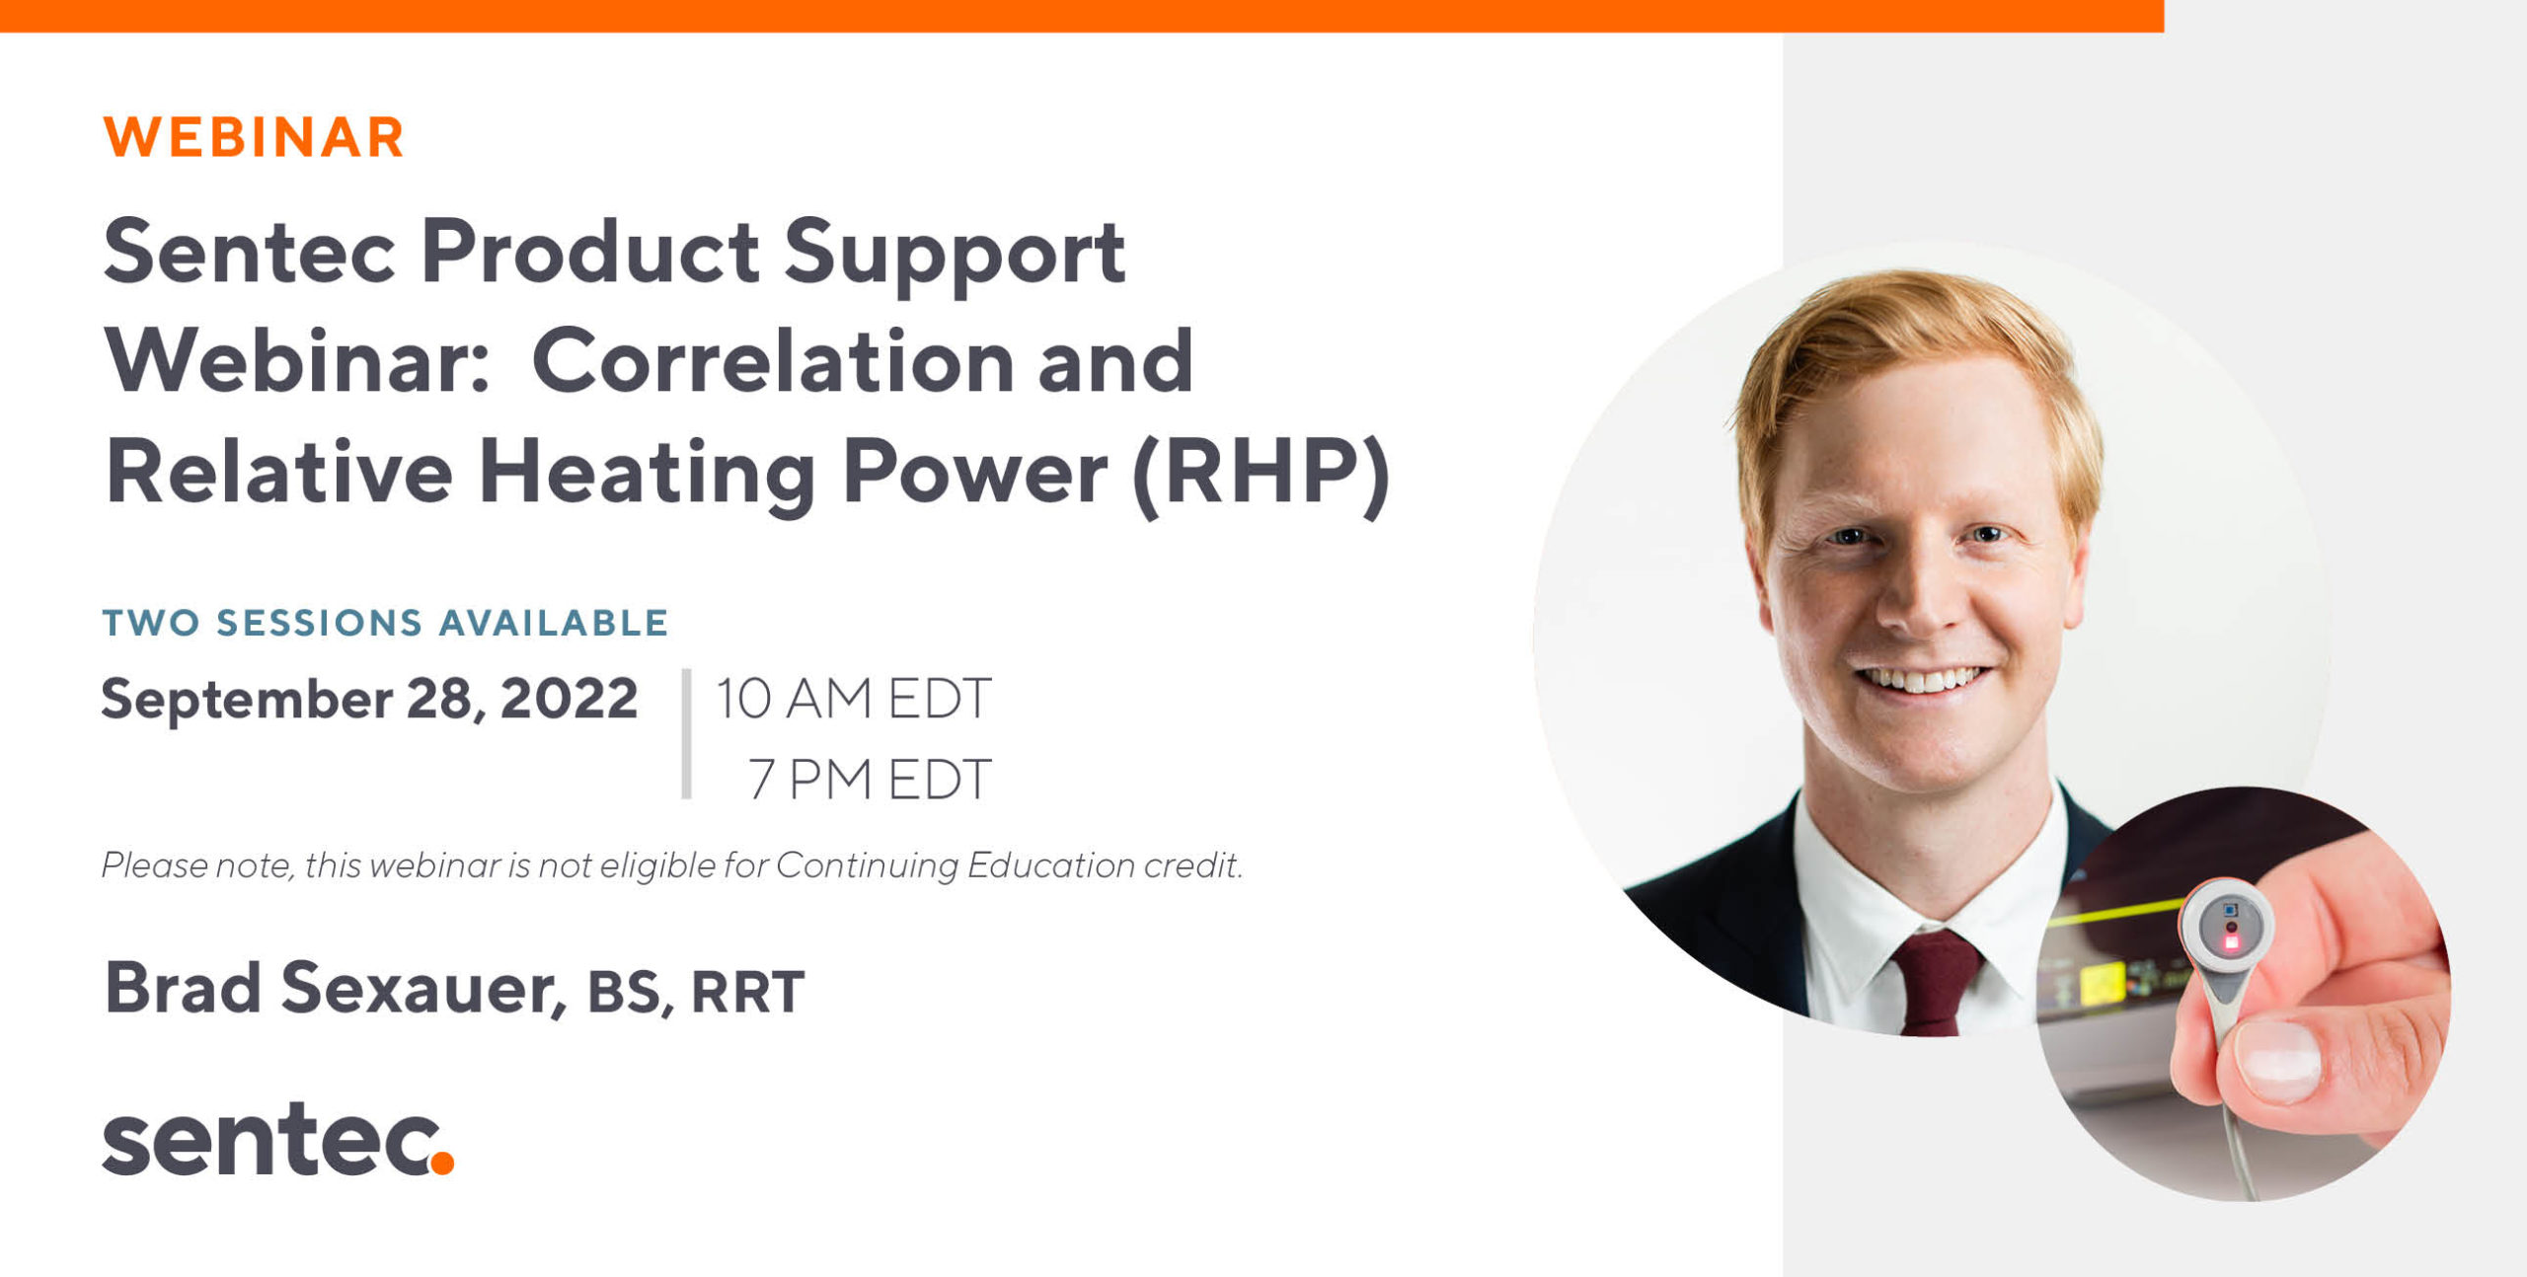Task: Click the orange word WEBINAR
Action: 254,137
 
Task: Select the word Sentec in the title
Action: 250,253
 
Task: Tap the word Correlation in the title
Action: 773,361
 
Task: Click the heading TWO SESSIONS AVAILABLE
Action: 386,623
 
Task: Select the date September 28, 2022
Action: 369,700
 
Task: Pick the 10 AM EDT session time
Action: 853,699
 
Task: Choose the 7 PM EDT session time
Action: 870,780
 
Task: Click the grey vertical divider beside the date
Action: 686,733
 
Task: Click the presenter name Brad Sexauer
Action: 335,989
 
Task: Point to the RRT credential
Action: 748,992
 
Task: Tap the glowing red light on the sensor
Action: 2231,941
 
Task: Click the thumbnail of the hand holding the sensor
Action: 2244,994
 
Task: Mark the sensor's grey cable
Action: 2233,1115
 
